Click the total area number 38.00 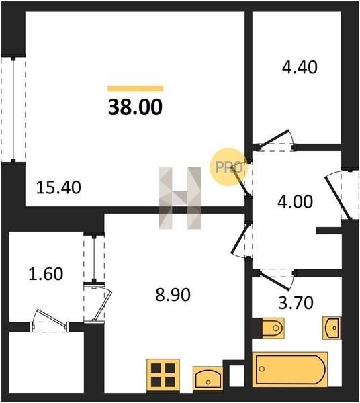(x=135, y=107)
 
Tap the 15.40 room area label (x=58, y=187)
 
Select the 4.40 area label (x=300, y=67)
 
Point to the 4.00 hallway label (x=296, y=201)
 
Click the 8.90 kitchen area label (x=173, y=295)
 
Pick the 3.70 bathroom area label (x=296, y=302)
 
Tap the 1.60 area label (x=46, y=273)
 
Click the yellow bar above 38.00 (x=136, y=89)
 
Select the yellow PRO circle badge (x=228, y=167)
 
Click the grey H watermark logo (x=179, y=198)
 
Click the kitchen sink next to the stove (x=208, y=379)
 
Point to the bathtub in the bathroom (x=290, y=369)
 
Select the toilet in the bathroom (x=273, y=328)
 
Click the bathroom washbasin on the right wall (x=332, y=328)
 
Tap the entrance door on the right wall (x=343, y=194)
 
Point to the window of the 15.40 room (x=13, y=109)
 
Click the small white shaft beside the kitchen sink (x=236, y=375)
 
